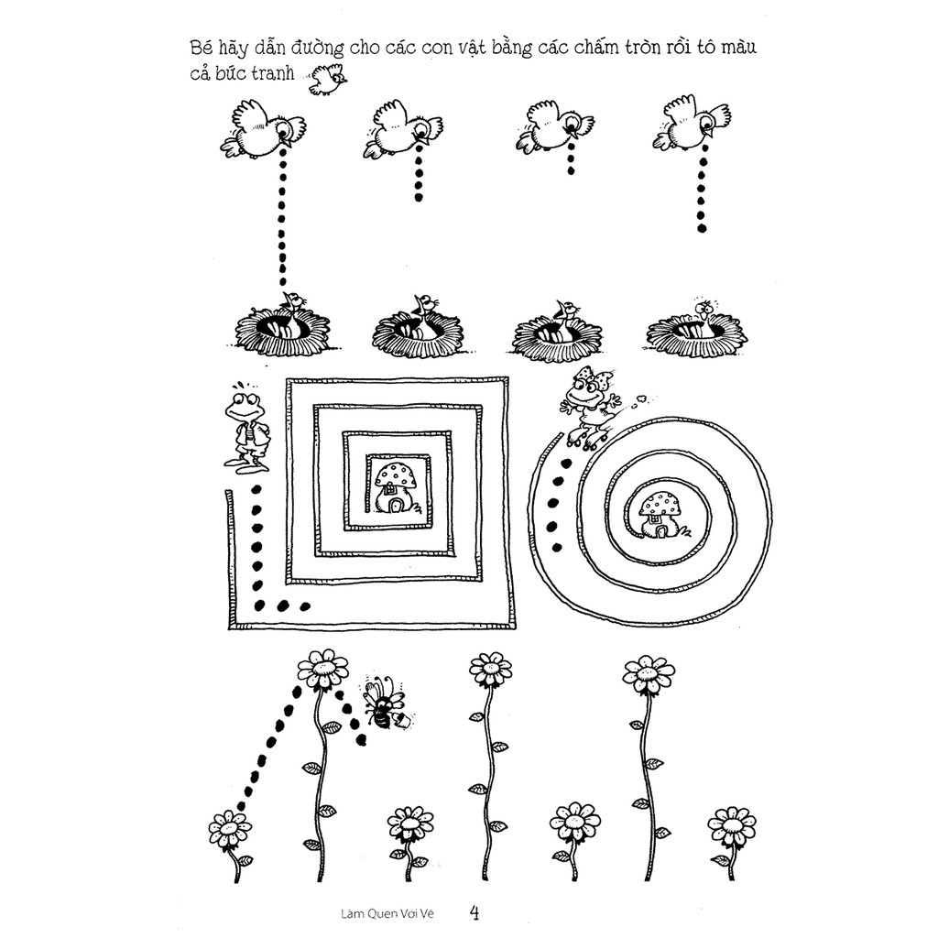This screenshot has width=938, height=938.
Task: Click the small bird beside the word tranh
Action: click(327, 79)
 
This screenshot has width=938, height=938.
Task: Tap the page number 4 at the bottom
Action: click(474, 913)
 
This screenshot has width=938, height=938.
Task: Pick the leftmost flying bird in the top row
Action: click(262, 129)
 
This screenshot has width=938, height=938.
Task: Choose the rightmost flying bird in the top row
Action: click(692, 124)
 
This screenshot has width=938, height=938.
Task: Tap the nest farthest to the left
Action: click(282, 327)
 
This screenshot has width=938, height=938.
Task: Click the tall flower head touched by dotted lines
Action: click(323, 669)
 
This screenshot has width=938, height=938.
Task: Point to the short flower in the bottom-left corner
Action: click(230, 831)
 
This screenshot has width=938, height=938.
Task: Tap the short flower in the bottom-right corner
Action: click(731, 827)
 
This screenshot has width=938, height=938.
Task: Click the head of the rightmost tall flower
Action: click(649, 675)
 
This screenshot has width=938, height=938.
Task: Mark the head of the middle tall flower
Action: click(491, 670)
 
